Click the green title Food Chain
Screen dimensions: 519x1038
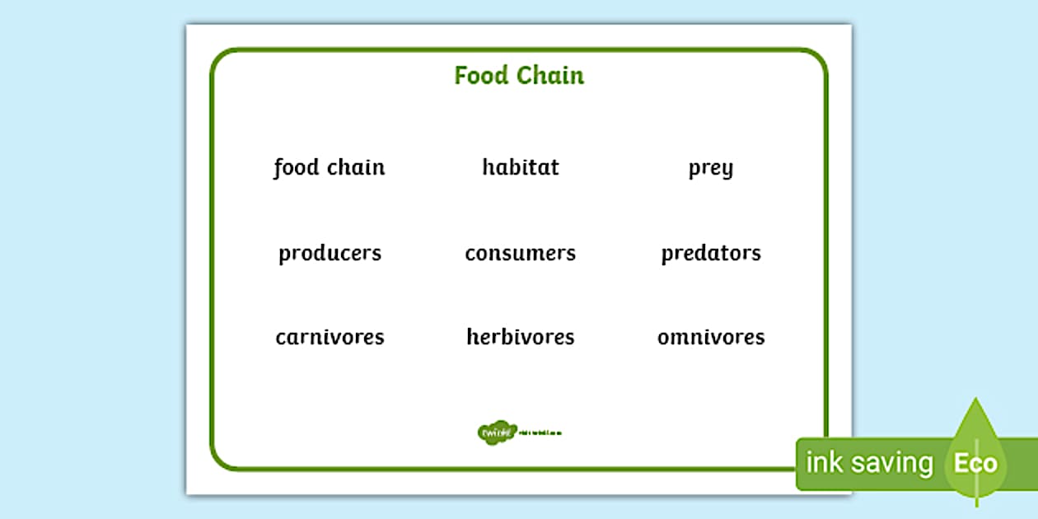tap(519, 76)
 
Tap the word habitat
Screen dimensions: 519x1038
tap(521, 167)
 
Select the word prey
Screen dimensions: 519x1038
tap(710, 169)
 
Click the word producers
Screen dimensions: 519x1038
tap(330, 253)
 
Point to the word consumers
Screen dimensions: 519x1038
tap(520, 253)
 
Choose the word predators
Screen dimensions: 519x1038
tap(711, 253)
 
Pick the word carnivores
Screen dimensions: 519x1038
tap(330, 337)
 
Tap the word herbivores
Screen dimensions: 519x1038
tap(520, 337)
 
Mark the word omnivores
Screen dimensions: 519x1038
tap(711, 337)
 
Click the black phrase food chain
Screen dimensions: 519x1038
tap(330, 167)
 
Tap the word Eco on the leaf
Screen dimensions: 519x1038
tap(975, 463)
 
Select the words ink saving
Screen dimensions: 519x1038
tap(869, 463)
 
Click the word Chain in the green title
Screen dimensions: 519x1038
tap(551, 76)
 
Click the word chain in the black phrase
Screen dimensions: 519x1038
tap(356, 167)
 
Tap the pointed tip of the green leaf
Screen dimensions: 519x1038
tap(976, 400)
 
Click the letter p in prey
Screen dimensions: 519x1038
tap(694, 171)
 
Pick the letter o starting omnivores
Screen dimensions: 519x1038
tap(663, 338)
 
